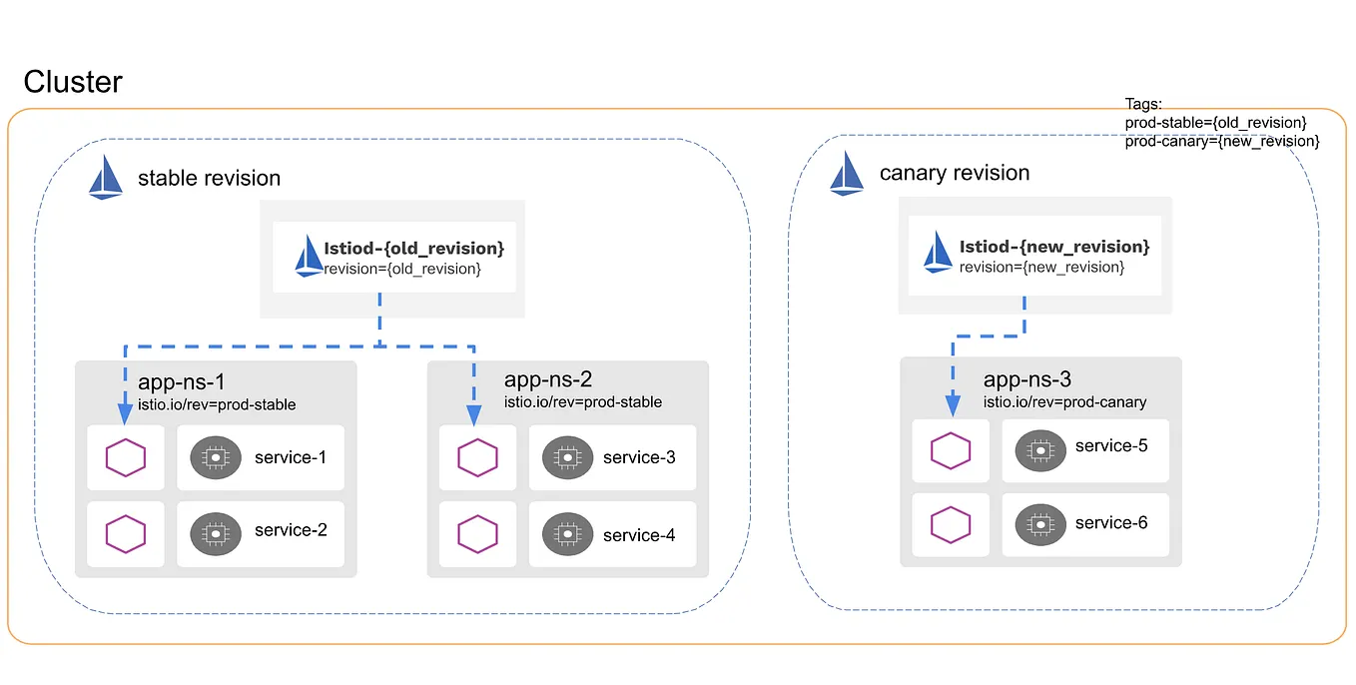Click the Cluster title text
tap(73, 82)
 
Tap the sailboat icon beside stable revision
tap(106, 178)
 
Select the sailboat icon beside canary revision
tap(847, 173)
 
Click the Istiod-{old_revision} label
tap(413, 248)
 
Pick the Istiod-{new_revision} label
tap(1053, 246)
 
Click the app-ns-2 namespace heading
tap(548, 379)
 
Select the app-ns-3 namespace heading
tap(1027, 379)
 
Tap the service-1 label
tap(291, 457)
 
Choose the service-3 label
tap(639, 457)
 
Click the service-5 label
tap(1110, 445)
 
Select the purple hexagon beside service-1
tap(126, 457)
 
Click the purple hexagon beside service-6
tap(951, 524)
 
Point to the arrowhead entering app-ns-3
tap(953, 403)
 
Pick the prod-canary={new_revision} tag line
tap(1222, 142)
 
